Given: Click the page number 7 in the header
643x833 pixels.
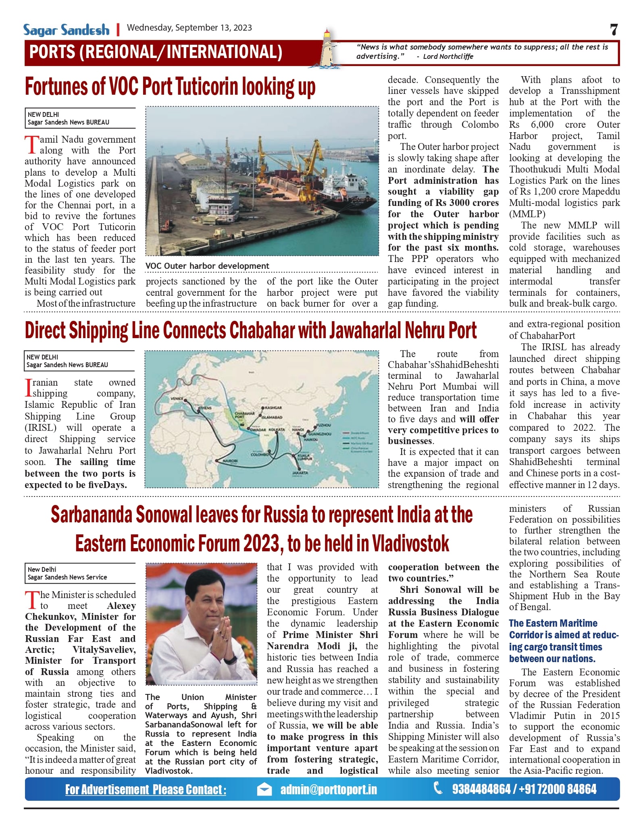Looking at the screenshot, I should pos(614,29).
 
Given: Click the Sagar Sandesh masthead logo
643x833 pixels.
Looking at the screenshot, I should pos(66,29).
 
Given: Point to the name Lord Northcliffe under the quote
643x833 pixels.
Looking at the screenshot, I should pos(448,57).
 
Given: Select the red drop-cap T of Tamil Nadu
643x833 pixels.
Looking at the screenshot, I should pos(31,145).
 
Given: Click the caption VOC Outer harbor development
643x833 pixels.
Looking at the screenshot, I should pos(207,266).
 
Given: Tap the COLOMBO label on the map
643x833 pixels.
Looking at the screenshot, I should pos(259,454).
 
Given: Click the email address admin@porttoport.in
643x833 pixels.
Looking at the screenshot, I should pos(329,789).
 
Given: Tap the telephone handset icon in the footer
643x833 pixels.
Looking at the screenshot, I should pos(438,788).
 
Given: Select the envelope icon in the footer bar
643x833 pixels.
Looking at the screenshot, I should pos(264,789).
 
